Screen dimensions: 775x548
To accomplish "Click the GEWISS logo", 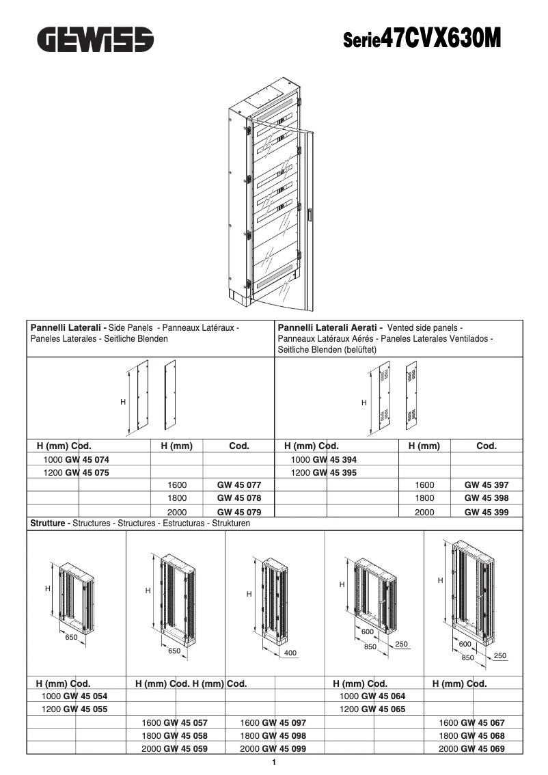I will tap(95, 40).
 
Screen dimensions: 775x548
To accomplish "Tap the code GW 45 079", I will tap(238, 511).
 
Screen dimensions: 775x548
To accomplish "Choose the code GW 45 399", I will tap(486, 511).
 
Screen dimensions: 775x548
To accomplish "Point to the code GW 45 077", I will tap(238, 485).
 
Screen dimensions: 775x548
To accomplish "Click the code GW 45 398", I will tap(486, 498).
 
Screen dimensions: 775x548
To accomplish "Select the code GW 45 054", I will tap(85, 696).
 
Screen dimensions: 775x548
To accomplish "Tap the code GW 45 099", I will tap(284, 748).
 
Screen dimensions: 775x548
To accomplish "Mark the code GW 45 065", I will tap(383, 709).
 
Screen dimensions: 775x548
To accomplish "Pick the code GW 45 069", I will tap(482, 748).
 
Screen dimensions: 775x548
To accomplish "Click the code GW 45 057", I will tap(184, 722).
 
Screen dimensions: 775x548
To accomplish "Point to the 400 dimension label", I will tap(290, 653).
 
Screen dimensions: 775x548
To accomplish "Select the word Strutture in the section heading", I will tap(49, 524).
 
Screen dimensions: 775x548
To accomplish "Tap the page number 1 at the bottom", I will tap(274, 763).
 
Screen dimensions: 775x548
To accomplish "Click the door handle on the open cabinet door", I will tap(308, 215).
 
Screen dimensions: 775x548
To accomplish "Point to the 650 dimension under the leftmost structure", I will tap(71, 638).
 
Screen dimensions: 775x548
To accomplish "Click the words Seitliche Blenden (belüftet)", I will tap(327, 349).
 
